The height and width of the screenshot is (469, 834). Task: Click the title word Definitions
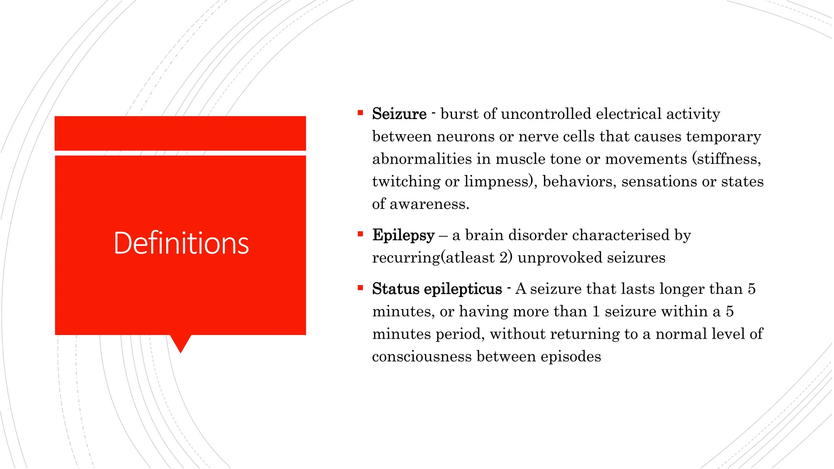181,243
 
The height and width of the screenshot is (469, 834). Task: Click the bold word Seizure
399,114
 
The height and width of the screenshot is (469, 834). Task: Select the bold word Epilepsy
403,235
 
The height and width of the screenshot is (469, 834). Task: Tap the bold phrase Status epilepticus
437,289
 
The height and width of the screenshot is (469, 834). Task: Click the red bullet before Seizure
360,113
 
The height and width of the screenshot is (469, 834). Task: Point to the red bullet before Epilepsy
360,234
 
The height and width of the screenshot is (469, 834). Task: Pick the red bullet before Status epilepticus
360,288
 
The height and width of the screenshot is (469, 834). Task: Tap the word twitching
406,182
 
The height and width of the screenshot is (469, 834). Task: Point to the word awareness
429,204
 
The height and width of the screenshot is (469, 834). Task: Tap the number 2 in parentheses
503,258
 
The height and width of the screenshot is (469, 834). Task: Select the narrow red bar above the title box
180,133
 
